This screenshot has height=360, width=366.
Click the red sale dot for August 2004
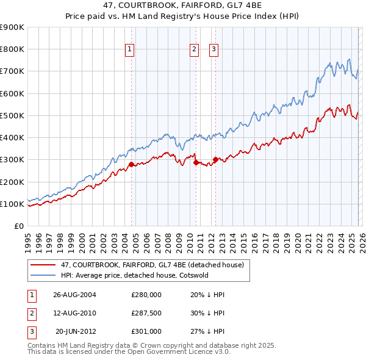131,164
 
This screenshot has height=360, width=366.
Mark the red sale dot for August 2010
196,162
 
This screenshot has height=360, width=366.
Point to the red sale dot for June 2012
215,160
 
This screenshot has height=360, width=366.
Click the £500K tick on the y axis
12,115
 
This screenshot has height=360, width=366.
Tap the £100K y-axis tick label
12,204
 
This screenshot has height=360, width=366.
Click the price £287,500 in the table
146,313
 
